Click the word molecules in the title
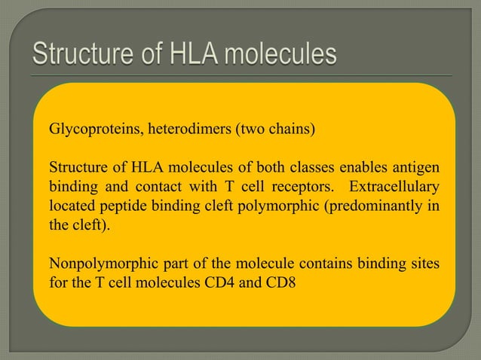point(282,55)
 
